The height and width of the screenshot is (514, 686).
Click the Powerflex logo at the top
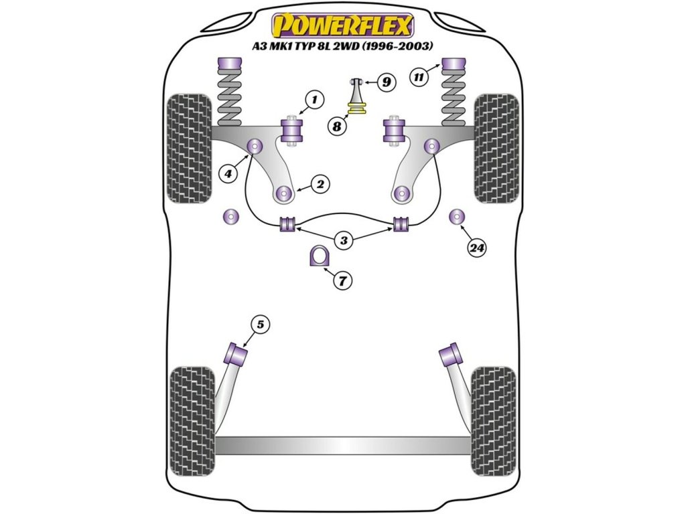point(342,25)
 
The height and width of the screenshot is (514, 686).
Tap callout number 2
point(320,183)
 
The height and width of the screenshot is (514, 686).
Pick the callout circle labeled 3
point(343,240)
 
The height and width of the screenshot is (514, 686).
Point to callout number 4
point(229,173)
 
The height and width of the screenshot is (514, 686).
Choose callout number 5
point(261,325)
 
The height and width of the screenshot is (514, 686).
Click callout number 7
point(342,281)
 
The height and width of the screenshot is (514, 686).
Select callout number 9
point(386,82)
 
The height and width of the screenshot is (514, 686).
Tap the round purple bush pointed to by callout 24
point(457,217)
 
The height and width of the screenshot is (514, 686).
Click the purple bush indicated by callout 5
point(236,351)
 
